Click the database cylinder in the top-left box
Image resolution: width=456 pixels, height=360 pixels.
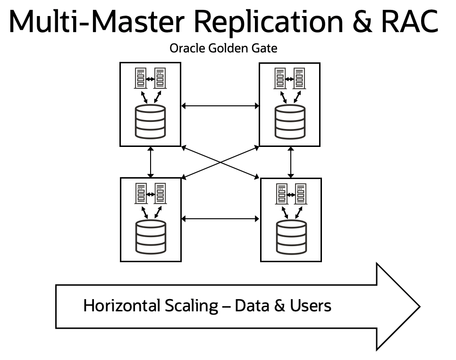pos(151,122)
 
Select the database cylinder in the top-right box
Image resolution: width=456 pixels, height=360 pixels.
pos(290,122)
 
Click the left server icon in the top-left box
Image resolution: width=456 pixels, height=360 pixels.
pos(141,78)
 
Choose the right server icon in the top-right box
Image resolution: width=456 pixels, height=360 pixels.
pos(300,78)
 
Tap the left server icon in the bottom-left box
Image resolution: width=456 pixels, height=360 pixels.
pos(141,193)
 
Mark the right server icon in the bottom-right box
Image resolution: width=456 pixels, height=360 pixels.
pos(300,193)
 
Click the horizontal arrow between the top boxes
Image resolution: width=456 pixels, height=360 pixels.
pos(220,106)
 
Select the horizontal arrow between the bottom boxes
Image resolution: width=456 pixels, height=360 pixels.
pos(220,219)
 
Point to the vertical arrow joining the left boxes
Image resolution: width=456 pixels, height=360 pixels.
pos(151,162)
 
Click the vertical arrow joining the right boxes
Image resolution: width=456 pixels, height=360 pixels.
pos(290,162)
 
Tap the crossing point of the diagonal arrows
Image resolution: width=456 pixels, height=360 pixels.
pos(220,163)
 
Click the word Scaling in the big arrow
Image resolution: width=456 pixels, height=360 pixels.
pos(191,306)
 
